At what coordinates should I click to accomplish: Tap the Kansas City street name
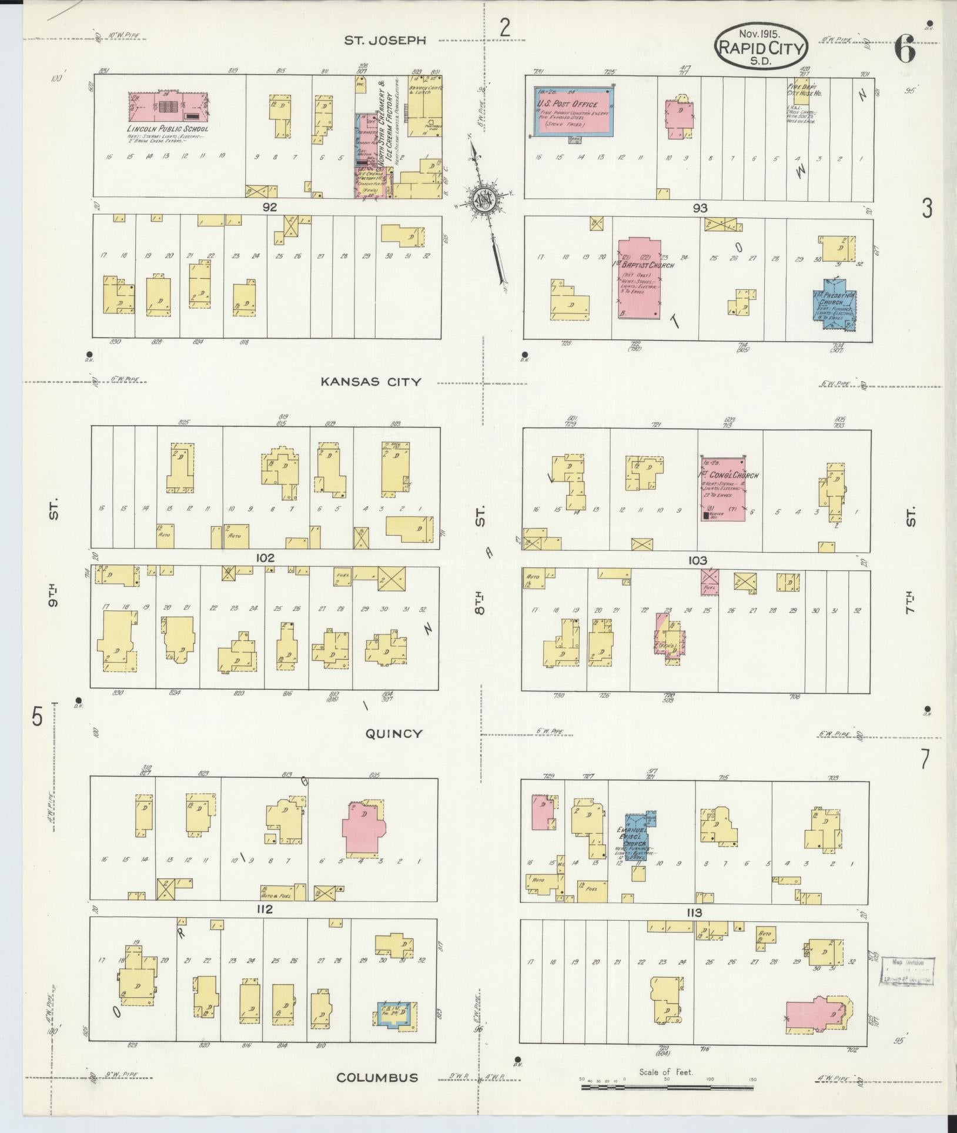[370, 382]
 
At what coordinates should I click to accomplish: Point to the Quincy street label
[393, 733]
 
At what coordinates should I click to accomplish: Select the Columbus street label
[377, 1077]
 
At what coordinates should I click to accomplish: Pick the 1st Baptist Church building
[638, 278]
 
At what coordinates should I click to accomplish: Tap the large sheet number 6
[905, 50]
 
